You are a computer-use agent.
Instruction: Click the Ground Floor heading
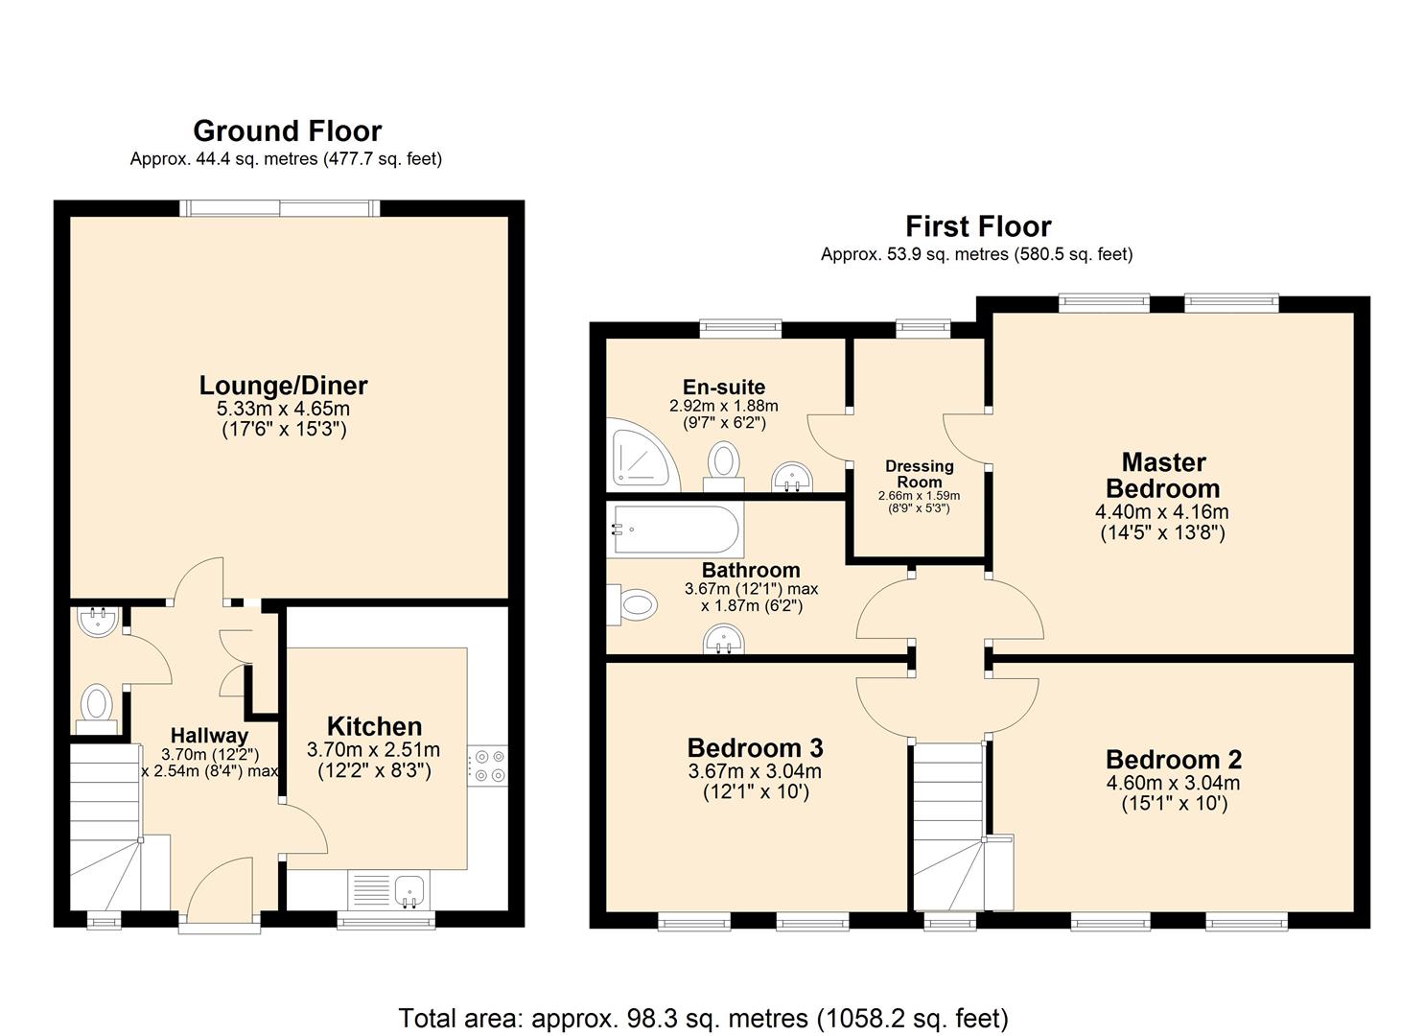coord(287,130)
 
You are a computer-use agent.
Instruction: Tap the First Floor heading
coord(978,226)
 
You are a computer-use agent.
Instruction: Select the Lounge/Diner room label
coord(283,386)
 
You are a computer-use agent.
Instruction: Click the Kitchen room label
coord(374,726)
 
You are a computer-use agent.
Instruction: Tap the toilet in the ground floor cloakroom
coord(96,705)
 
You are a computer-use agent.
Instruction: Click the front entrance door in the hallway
coord(220,892)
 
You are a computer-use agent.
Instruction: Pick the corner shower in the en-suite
coord(641,456)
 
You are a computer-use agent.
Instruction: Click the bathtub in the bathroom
coord(675,529)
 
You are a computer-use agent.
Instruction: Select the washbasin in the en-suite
coord(792,476)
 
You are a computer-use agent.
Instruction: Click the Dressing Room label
coord(919,473)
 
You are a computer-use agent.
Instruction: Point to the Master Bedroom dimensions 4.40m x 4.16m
coord(1161,512)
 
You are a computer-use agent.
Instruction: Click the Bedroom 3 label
coord(755,747)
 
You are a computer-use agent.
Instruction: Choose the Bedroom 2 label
coord(1173,759)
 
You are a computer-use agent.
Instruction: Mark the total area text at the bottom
coord(703,1017)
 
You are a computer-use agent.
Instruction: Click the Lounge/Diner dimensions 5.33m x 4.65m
coord(283,409)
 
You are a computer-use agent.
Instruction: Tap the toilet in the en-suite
coord(724,461)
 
